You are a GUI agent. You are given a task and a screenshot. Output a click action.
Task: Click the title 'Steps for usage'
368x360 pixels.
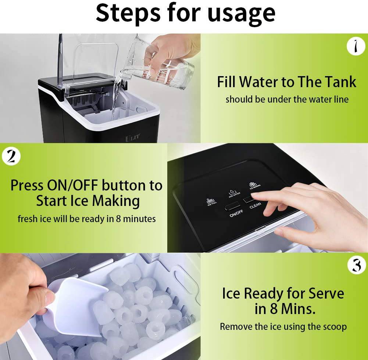(x=185, y=13)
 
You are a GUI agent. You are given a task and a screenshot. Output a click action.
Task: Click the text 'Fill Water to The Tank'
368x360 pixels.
(x=286, y=82)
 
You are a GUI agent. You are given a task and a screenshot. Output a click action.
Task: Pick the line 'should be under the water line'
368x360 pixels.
(x=287, y=99)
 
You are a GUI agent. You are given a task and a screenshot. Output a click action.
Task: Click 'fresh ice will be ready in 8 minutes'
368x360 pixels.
(x=87, y=219)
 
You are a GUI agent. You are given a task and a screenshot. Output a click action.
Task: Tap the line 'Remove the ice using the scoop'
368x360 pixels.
(x=283, y=326)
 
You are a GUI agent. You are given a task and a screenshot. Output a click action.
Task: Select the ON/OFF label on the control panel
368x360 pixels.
(x=236, y=213)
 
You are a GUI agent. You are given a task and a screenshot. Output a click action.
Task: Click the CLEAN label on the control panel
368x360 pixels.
(x=256, y=206)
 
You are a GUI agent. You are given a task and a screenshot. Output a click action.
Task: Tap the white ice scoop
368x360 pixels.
(x=74, y=305)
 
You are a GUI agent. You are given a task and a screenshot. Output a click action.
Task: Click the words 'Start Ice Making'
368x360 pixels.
(x=88, y=201)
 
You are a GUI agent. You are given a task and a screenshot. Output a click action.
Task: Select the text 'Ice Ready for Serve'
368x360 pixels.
(x=283, y=294)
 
